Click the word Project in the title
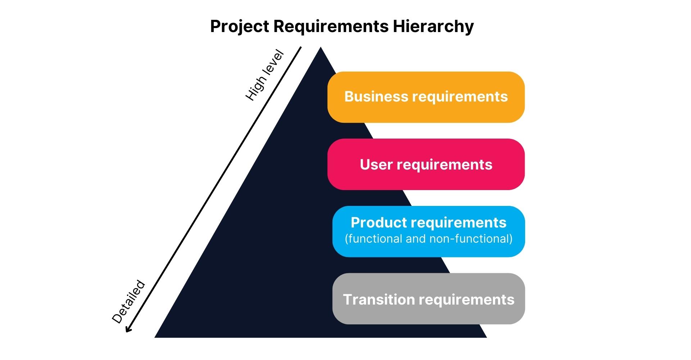(239, 27)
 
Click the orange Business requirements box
(426, 97)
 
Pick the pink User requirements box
(426, 164)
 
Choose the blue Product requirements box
(429, 231)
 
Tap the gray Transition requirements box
(429, 298)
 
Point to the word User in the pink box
(376, 165)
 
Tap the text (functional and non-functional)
(429, 239)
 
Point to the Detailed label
(128, 302)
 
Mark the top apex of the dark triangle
(321, 47)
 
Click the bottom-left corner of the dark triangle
(155, 337)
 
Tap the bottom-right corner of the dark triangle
(487, 337)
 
